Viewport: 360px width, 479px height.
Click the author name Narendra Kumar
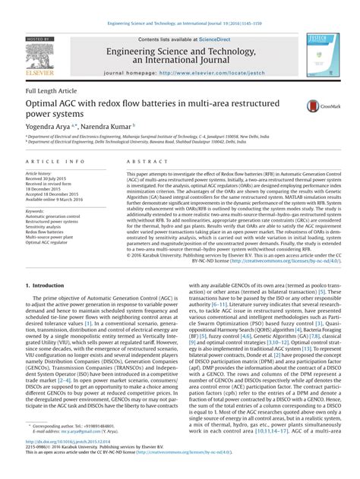[x=106, y=126]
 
